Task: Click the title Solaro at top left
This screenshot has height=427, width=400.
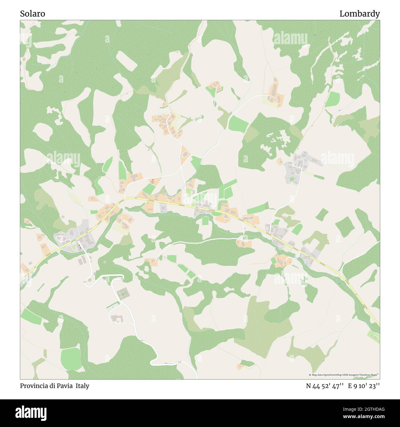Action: point(33,14)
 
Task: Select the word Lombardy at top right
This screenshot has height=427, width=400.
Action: point(359,14)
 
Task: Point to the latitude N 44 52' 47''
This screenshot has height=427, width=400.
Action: point(325,386)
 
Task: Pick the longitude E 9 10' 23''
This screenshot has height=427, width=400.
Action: point(364,386)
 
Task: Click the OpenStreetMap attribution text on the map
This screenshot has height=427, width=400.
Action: point(344,375)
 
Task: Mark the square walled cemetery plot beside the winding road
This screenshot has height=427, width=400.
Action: point(123,294)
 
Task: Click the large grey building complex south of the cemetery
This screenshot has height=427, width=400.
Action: point(117,318)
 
